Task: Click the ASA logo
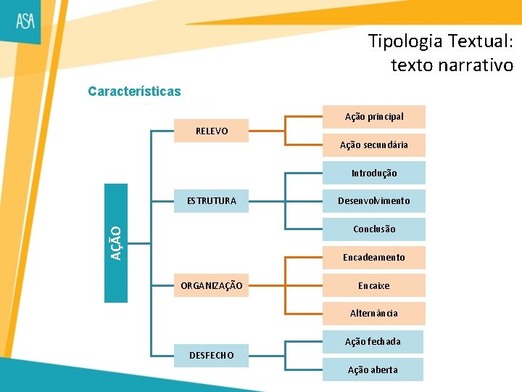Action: [26, 22]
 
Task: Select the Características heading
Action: [134, 92]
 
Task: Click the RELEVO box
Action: [212, 131]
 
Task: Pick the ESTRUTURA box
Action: [212, 200]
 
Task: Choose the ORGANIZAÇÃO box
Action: [212, 285]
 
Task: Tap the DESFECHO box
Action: [212, 355]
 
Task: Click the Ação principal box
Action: [374, 116]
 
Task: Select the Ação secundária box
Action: [374, 144]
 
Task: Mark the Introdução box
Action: [374, 173]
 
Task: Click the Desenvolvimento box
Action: [374, 200]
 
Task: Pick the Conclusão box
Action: [374, 229]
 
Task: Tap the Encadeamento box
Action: [374, 257]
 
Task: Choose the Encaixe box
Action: [374, 285]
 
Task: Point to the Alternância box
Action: [374, 313]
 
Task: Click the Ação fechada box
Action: [373, 341]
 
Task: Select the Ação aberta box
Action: [373, 369]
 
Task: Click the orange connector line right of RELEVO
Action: [266, 131]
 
